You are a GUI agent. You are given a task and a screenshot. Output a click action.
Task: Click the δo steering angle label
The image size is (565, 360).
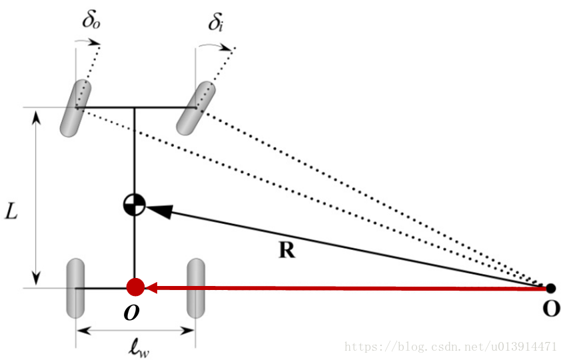click(91, 20)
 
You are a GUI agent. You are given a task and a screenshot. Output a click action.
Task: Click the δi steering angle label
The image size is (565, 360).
click(215, 23)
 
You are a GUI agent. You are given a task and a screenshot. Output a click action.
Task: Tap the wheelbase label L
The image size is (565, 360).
click(11, 211)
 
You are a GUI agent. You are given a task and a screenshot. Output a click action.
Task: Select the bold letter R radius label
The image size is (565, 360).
click(286, 249)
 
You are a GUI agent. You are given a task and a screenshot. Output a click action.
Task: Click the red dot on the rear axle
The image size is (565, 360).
click(135, 287)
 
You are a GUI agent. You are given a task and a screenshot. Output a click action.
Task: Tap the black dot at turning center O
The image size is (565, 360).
click(550, 288)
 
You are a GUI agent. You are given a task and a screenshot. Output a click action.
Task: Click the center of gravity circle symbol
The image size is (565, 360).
click(135, 205)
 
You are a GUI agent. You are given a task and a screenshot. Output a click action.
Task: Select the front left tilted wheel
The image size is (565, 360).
click(76, 108)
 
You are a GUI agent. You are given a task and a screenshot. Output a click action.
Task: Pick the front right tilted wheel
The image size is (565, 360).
click(196, 108)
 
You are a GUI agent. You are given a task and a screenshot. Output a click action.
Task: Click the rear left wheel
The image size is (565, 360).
click(76, 288)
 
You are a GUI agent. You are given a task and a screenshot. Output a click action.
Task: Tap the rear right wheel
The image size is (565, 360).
click(196, 288)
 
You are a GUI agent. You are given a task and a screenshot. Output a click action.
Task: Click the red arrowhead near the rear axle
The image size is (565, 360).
click(151, 288)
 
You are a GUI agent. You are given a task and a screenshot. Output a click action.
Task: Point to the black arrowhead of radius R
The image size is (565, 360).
click(159, 210)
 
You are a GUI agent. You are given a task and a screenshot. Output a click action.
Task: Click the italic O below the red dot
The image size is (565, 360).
click(131, 313)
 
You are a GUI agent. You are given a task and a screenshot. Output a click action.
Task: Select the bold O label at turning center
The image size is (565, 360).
click(551, 309)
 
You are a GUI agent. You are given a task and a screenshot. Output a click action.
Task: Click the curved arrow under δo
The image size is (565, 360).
click(87, 41)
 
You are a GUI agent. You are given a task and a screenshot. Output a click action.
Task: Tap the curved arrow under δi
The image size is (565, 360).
click(215, 45)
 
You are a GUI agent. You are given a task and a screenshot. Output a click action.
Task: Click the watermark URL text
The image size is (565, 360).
click(451, 347)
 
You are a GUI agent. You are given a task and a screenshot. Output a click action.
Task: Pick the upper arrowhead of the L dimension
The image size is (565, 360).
click(36, 117)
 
